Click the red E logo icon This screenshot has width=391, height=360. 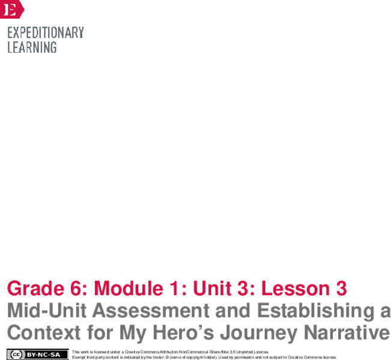(x=11, y=9)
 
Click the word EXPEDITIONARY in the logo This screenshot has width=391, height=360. (x=45, y=32)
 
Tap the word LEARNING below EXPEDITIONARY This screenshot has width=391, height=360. (x=32, y=47)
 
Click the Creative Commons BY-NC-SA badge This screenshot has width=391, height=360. (x=37, y=354)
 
